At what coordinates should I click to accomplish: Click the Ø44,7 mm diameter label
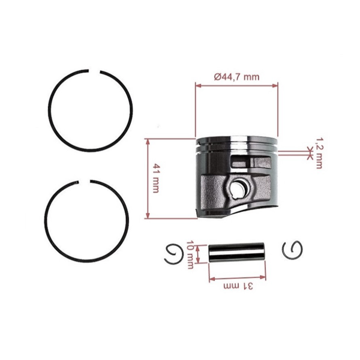coord(237,77)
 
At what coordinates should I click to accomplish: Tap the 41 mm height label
coord(156,178)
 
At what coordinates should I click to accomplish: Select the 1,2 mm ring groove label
coord(319,154)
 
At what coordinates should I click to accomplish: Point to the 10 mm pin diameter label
coord(190,254)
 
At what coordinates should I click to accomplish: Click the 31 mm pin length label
coord(238,286)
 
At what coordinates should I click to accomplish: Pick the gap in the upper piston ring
coord(95,71)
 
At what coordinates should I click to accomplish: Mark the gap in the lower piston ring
coord(85,182)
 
